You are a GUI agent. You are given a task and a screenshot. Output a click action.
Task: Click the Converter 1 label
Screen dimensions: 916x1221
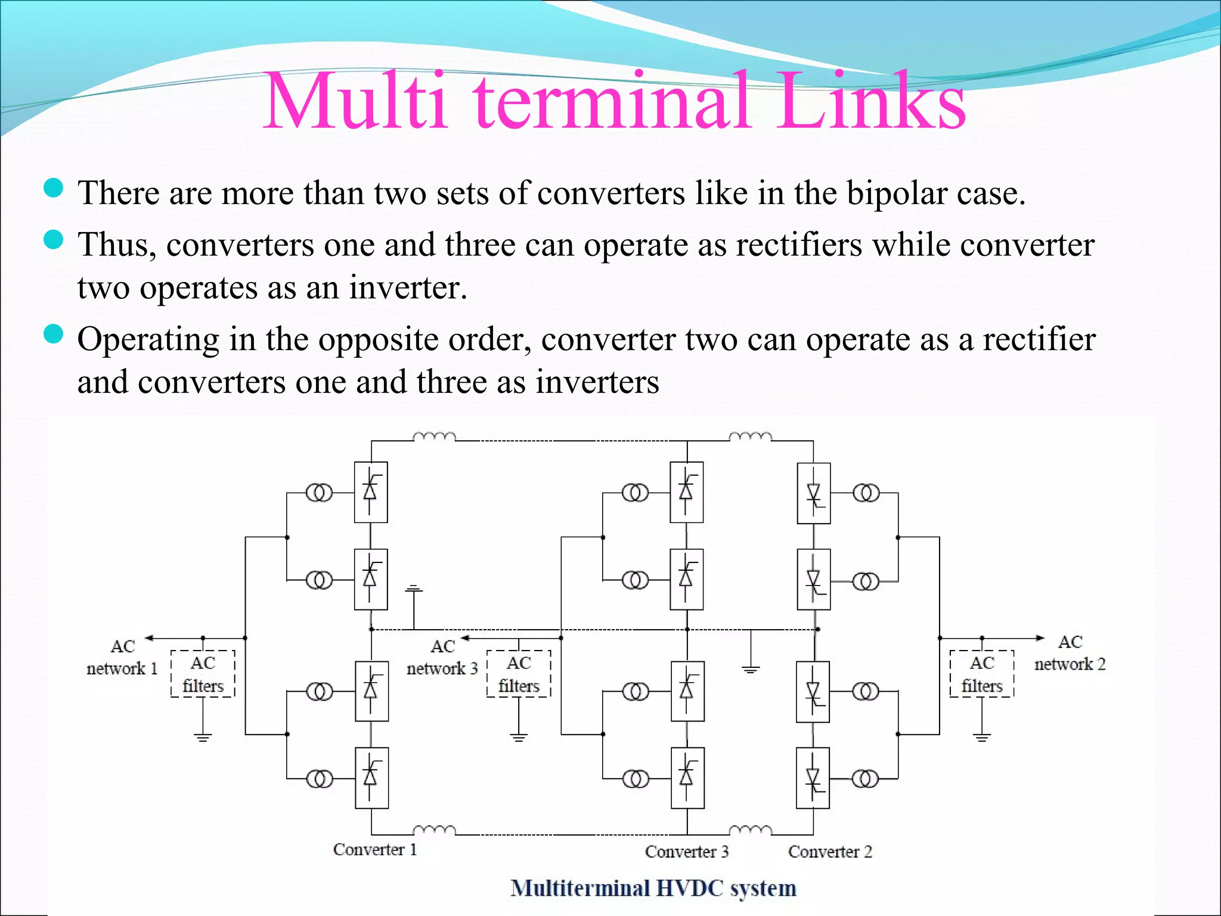click(x=374, y=849)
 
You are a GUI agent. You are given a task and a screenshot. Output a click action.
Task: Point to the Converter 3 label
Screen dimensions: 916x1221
click(x=686, y=852)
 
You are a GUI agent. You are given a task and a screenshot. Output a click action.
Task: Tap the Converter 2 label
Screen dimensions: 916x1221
click(x=829, y=852)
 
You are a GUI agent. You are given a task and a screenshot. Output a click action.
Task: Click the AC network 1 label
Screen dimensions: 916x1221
click(x=122, y=657)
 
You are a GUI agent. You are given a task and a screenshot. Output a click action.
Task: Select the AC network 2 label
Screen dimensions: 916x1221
click(x=1070, y=653)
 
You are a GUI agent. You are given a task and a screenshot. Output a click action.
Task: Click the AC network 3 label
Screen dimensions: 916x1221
click(x=442, y=657)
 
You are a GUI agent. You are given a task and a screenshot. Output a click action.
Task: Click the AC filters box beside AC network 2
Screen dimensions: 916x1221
click(x=981, y=674)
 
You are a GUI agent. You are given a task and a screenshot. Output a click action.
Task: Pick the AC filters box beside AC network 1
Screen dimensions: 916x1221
click(x=203, y=674)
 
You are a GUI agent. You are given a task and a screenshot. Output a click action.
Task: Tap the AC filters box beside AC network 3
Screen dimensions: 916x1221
click(x=519, y=674)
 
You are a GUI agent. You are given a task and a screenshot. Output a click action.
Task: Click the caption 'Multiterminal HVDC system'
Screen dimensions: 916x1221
click(x=653, y=889)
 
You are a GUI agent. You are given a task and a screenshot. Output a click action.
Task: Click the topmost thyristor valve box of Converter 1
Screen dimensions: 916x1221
click(x=371, y=492)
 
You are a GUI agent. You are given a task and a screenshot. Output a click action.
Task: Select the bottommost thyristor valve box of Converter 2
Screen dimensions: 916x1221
click(x=813, y=778)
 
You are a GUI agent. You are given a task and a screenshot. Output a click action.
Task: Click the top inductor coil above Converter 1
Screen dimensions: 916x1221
click(x=434, y=437)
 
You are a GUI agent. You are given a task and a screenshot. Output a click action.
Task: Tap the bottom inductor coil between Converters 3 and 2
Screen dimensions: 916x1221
click(x=750, y=830)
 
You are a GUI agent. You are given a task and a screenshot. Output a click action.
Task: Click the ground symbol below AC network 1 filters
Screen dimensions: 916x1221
click(x=203, y=738)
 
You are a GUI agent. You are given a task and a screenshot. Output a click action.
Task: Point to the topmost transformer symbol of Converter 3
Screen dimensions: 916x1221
click(x=635, y=493)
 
